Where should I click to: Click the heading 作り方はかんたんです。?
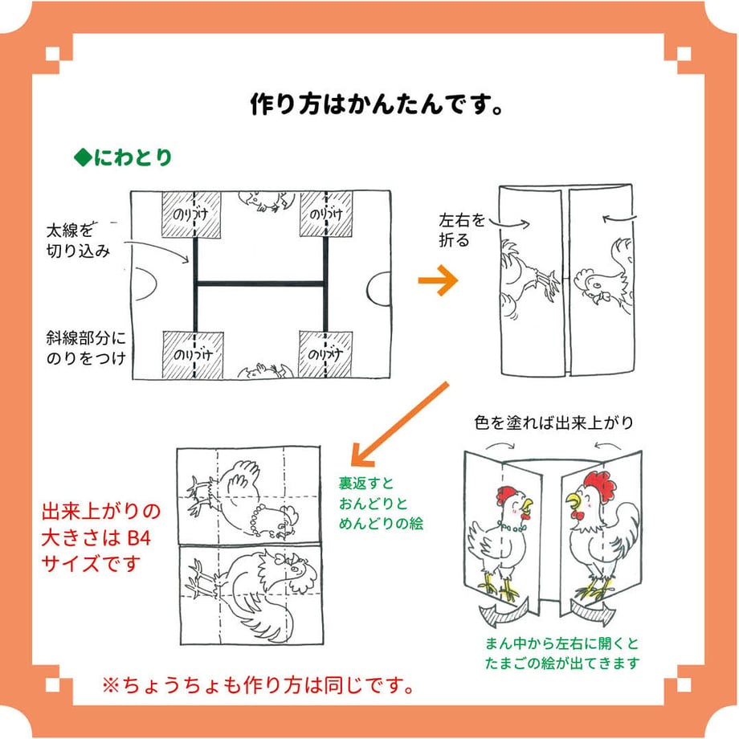[x=377, y=104]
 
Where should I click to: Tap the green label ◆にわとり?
[x=123, y=157]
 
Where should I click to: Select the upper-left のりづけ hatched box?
[x=191, y=214]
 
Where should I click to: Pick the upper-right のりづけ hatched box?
[x=326, y=214]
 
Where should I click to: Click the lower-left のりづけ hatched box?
[x=193, y=355]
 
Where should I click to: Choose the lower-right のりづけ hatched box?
[x=325, y=354]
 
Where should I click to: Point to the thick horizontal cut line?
[x=260, y=284]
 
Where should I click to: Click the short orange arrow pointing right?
[x=438, y=280]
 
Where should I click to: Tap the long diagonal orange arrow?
[x=400, y=423]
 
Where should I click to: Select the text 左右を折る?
[x=462, y=230]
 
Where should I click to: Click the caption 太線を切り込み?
[x=78, y=240]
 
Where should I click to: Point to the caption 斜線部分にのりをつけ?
[x=86, y=348]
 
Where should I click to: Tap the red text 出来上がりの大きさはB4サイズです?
[x=101, y=537]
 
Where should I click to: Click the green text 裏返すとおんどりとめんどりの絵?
[x=381, y=504]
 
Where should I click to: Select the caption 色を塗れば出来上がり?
[x=553, y=423]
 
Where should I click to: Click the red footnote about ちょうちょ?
[x=259, y=685]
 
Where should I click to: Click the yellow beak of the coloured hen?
[x=528, y=505]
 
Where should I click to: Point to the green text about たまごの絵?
[x=563, y=653]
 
